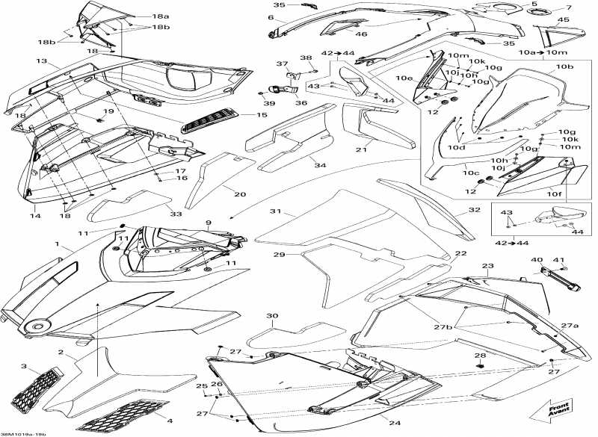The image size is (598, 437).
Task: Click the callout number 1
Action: (56, 244)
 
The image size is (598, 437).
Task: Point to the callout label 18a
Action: (160, 16)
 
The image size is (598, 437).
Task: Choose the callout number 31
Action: (275, 212)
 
